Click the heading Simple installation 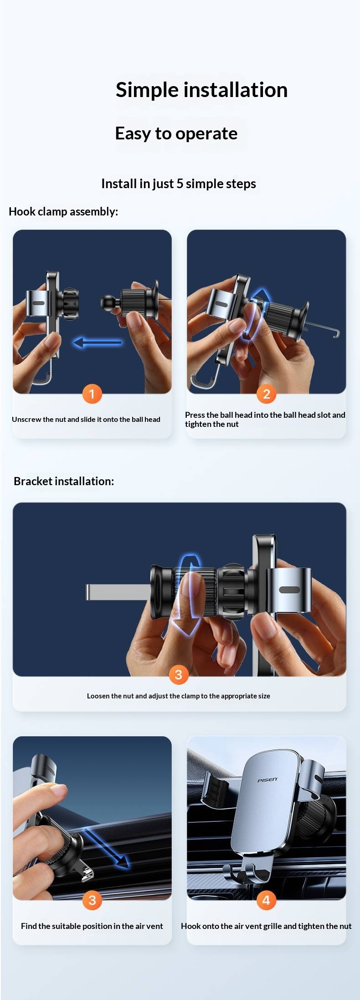(201, 90)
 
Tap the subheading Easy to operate (176, 133)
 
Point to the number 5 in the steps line (180, 184)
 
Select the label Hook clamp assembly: (63, 211)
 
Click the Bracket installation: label (64, 481)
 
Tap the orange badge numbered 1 (92, 394)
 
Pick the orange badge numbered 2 (267, 394)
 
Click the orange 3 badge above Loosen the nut (179, 674)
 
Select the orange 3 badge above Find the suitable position (92, 900)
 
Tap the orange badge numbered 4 (267, 900)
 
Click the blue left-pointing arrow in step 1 (98, 342)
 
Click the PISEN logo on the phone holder (267, 780)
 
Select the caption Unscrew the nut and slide (86, 419)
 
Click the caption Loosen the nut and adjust (179, 696)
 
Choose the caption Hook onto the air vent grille (266, 926)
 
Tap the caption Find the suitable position (92, 926)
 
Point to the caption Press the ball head (265, 419)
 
